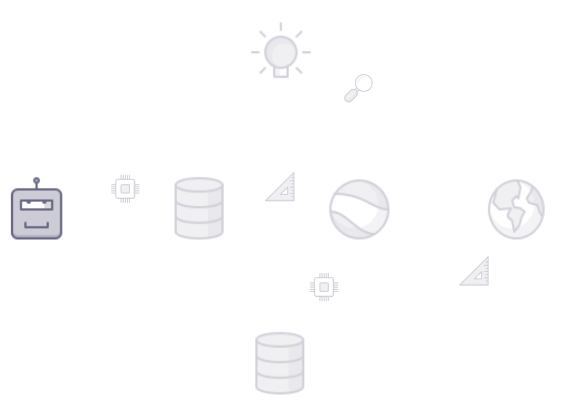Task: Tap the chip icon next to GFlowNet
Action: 125,188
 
